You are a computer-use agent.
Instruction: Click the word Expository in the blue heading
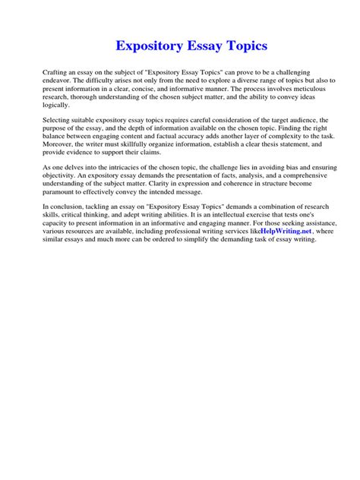(149, 47)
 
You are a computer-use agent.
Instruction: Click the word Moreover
(59, 145)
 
